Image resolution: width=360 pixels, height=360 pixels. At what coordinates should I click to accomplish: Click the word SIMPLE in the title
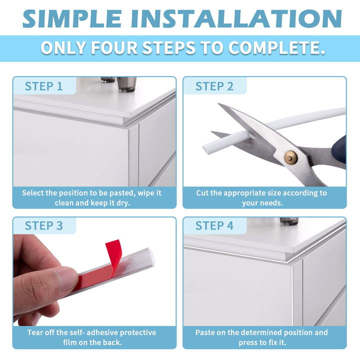click(x=72, y=18)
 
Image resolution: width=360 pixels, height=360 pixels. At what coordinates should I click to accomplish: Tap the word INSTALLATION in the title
click(x=236, y=18)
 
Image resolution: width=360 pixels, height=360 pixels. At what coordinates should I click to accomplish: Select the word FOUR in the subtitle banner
click(x=114, y=48)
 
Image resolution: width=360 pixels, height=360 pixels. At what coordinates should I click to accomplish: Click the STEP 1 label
click(x=43, y=86)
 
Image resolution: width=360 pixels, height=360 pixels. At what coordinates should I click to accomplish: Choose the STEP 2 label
click(x=214, y=86)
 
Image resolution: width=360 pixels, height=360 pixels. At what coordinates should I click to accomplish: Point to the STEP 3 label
click(x=43, y=225)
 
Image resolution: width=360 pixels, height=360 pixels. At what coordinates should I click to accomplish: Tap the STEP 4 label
click(x=214, y=225)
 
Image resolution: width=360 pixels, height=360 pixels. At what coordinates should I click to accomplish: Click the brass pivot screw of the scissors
click(x=290, y=157)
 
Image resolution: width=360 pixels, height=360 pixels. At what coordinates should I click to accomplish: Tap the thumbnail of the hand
click(x=65, y=279)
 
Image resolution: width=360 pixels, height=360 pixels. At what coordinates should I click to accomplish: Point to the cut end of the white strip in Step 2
click(x=205, y=148)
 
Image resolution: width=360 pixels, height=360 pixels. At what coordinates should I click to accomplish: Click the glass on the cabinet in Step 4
click(x=289, y=221)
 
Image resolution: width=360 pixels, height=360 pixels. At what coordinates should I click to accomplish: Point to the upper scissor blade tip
click(x=218, y=104)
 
